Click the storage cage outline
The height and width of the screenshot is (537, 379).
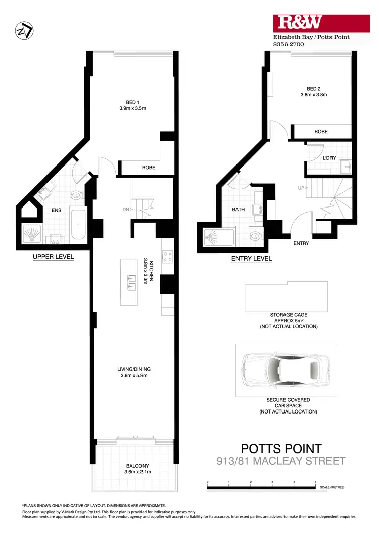(x=286, y=297)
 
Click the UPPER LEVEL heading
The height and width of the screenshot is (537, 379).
(x=53, y=257)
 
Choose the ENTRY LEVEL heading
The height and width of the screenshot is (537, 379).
(x=251, y=259)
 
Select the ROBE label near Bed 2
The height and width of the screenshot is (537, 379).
(x=321, y=132)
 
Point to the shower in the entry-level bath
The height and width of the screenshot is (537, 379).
(x=218, y=237)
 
